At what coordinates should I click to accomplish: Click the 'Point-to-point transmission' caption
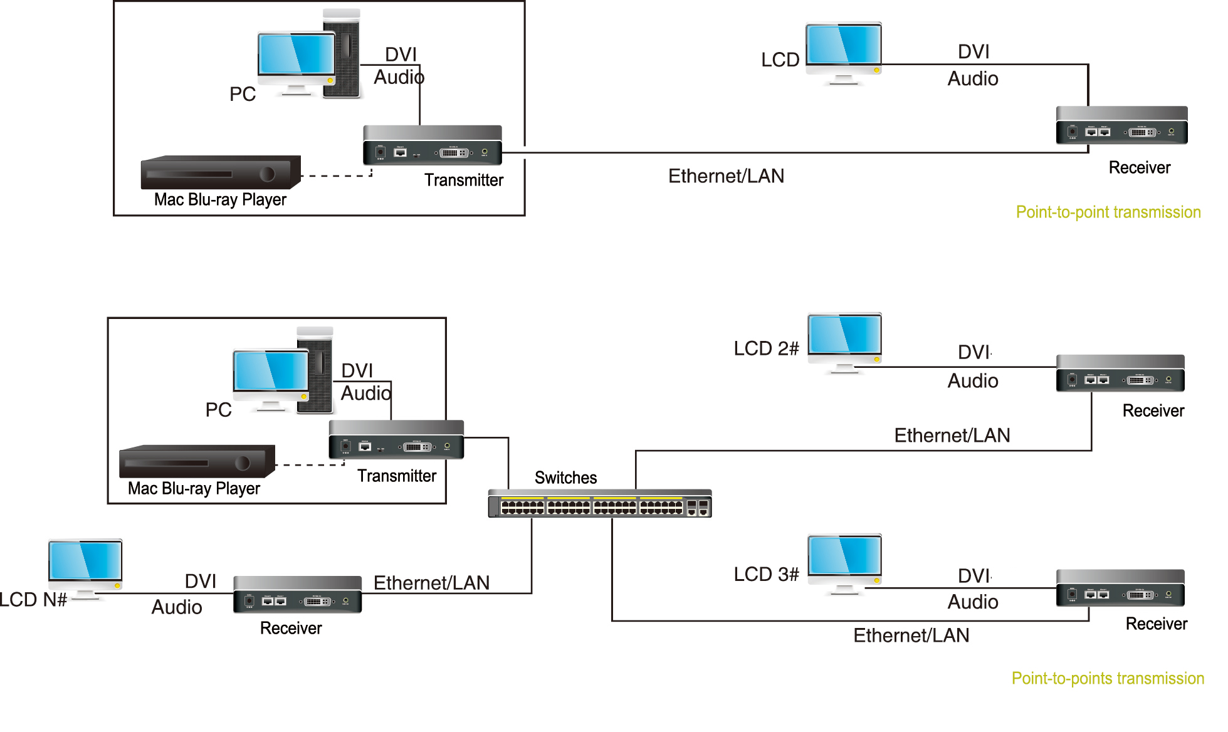click(1108, 212)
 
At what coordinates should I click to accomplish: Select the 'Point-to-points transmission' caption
click(1108, 679)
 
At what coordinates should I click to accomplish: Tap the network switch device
click(600, 504)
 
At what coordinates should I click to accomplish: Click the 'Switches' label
click(565, 478)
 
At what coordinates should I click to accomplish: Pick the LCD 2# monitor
click(845, 343)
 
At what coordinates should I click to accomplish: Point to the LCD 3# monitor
click(845, 564)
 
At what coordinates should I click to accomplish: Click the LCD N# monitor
click(85, 569)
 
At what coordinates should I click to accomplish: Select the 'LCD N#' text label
click(33, 600)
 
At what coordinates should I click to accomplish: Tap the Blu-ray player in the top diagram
click(221, 172)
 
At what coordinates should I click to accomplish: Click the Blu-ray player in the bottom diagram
click(197, 461)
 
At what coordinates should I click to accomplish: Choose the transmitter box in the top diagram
click(433, 145)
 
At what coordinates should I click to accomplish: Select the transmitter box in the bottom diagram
click(396, 439)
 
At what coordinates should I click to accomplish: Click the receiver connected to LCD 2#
click(1120, 374)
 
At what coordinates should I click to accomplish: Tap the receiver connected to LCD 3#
click(1120, 588)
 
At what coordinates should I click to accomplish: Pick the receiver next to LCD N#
click(298, 595)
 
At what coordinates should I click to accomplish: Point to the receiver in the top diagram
click(1122, 125)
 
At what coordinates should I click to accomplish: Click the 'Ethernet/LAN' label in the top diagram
click(726, 176)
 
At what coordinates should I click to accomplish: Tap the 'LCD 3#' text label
click(766, 575)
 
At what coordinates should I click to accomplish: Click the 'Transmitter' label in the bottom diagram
click(397, 476)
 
